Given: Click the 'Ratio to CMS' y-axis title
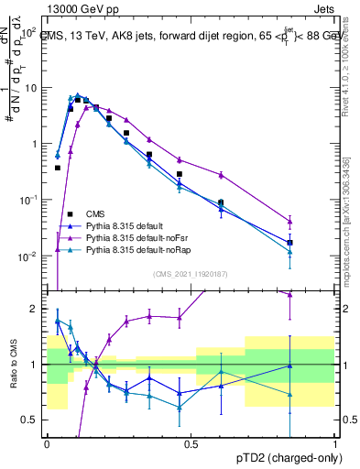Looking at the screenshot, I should (x=12, y=377).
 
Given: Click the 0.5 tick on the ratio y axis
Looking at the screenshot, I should (x=33, y=420).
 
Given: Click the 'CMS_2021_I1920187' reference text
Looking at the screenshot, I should (x=191, y=273).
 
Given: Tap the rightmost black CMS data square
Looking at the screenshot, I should (x=290, y=243).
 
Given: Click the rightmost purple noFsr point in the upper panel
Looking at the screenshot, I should (x=290, y=222).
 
